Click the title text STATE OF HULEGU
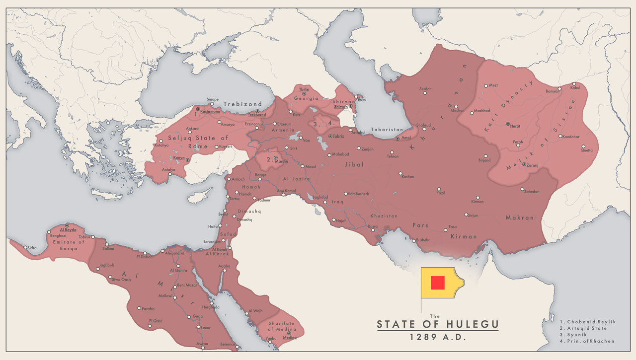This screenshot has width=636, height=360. (437, 325)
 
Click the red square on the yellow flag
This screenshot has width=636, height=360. (437, 282)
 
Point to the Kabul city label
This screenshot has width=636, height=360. (575, 88)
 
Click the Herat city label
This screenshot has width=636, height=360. (515, 126)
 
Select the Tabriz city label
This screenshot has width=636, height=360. (339, 136)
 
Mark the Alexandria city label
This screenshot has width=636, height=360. (174, 253)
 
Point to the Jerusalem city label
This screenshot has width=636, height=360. (212, 241)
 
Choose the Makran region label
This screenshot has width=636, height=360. (520, 217)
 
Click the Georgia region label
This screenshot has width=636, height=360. (306, 98)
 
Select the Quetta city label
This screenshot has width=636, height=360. (587, 150)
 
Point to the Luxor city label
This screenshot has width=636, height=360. (205, 327)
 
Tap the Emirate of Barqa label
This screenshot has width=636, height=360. (69, 245)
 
